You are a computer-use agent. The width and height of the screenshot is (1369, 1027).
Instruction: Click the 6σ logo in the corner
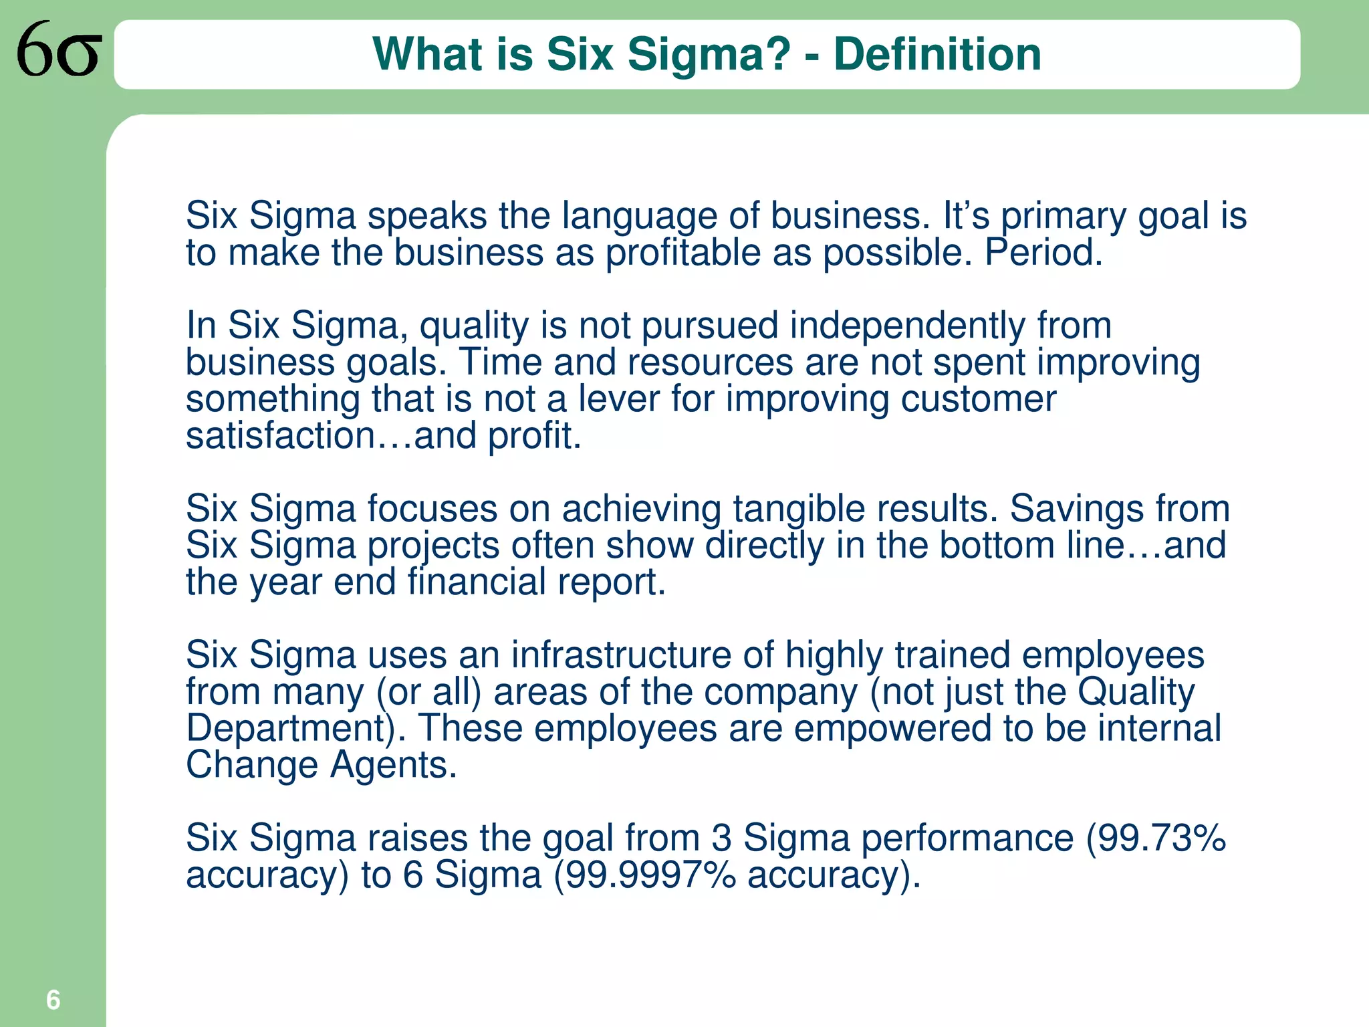click(59, 49)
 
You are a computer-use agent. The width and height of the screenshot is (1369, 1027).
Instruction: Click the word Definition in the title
click(937, 54)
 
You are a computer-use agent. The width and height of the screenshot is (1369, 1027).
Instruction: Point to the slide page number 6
click(53, 1000)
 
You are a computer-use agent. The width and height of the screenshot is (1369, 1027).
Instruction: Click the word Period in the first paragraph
click(1042, 253)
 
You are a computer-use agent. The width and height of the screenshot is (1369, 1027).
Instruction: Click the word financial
click(477, 582)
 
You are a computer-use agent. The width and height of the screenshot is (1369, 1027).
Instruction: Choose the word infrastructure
click(621, 655)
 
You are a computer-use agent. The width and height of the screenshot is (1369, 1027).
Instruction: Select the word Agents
click(393, 764)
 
